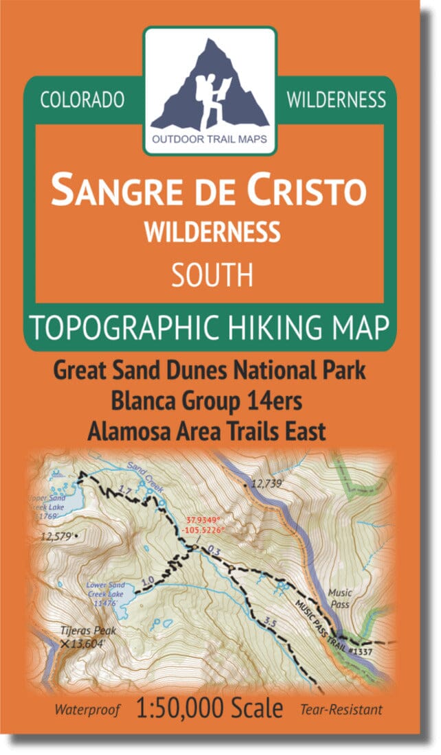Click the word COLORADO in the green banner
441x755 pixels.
[x=82, y=100]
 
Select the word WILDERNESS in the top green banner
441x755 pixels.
[x=336, y=100]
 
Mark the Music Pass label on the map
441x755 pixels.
[x=339, y=598]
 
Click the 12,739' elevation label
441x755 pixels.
[x=268, y=484]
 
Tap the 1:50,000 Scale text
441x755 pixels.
[x=209, y=708]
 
